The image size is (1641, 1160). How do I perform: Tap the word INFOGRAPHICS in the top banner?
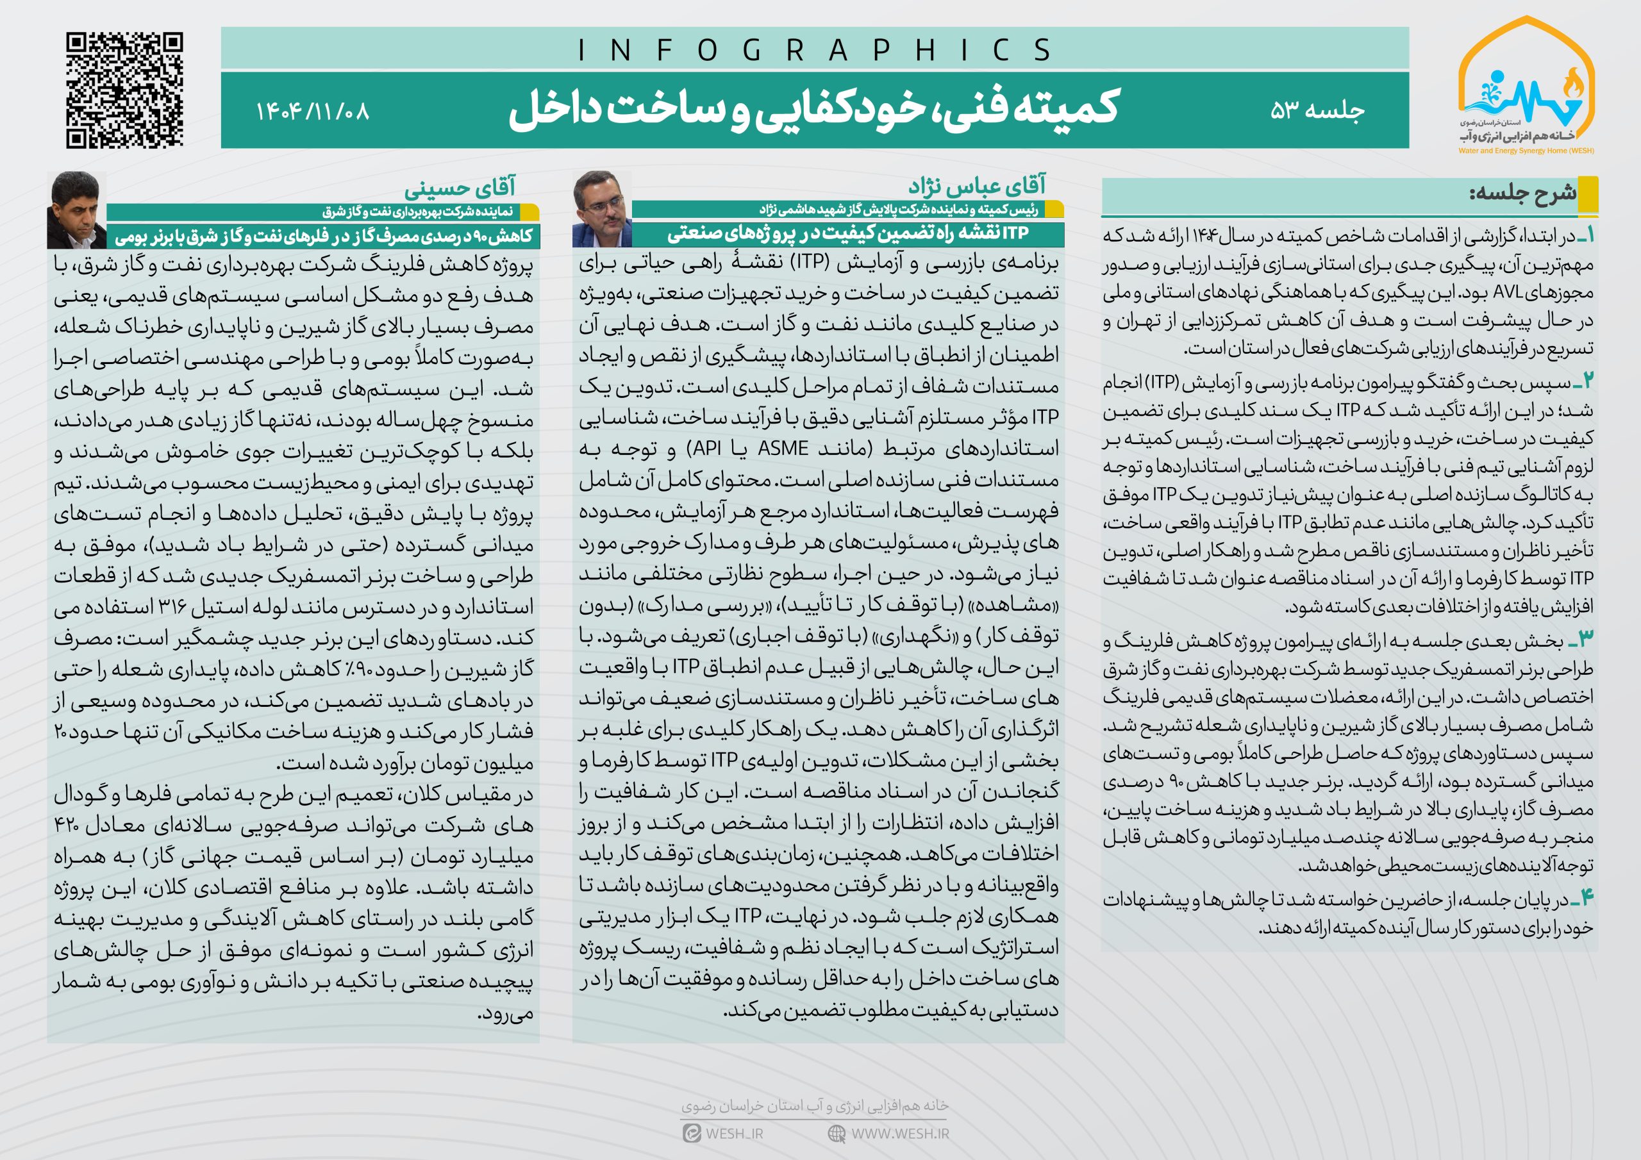[x=814, y=50]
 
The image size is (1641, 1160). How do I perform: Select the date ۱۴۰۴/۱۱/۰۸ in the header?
[x=312, y=112]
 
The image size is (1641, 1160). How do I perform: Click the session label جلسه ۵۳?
[x=1317, y=110]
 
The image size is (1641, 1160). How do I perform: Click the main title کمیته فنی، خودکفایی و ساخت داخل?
[x=813, y=110]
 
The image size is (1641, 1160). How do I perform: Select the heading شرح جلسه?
[x=1522, y=192]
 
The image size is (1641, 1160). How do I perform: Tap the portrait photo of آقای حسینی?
[x=76, y=210]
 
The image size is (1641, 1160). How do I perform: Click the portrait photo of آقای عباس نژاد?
[x=602, y=209]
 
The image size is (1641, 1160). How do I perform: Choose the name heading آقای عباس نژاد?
[x=976, y=186]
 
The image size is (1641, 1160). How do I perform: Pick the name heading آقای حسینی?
[x=459, y=188]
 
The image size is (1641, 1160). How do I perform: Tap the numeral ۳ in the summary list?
[x=1583, y=638]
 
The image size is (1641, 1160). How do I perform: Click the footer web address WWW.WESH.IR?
[x=900, y=1134]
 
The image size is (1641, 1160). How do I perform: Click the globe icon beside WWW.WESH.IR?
[x=837, y=1134]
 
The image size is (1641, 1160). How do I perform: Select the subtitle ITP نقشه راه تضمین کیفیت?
[x=847, y=234]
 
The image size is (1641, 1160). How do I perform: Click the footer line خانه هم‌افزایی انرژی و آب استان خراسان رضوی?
[x=814, y=1106]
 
